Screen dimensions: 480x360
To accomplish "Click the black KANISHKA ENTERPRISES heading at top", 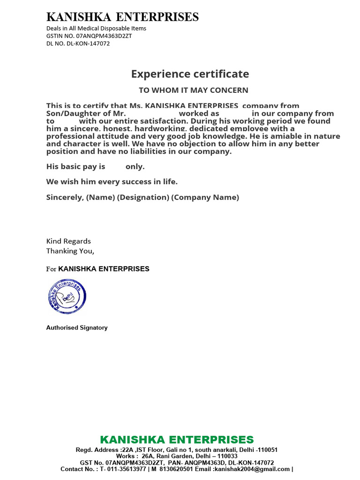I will (x=122, y=17).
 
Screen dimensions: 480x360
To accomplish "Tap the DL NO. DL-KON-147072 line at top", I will (x=78, y=43).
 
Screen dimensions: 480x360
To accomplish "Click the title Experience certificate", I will (x=190, y=74).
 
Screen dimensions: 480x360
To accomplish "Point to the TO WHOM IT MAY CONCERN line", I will (x=193, y=90).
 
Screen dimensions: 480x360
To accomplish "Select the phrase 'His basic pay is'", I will (x=75, y=166).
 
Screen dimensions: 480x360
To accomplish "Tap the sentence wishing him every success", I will (x=112, y=181).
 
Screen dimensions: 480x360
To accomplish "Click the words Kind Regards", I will (x=68, y=241).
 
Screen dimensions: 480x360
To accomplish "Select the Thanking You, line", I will (x=70, y=251).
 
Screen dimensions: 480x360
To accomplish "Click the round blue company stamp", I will (x=67, y=296).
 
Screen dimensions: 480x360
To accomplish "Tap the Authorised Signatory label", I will (x=77, y=328).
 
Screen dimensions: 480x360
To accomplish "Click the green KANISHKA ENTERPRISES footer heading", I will (x=177, y=440).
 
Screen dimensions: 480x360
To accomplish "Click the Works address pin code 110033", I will (x=226, y=456).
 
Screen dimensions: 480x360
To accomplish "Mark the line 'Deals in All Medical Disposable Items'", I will (x=96, y=28).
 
